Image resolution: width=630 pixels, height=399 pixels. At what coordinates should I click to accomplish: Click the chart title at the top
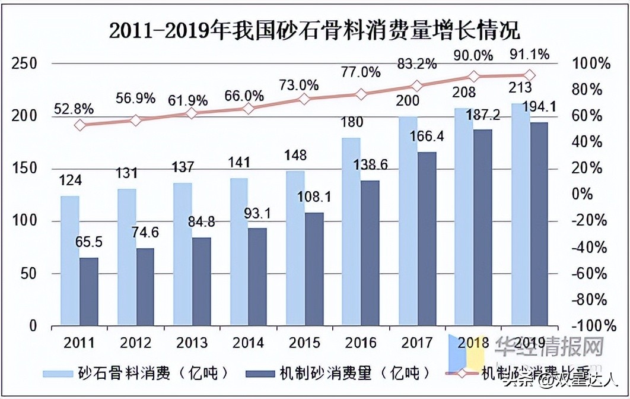(x=314, y=30)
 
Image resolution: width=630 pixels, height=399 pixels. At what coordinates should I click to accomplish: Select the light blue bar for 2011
(x=69, y=261)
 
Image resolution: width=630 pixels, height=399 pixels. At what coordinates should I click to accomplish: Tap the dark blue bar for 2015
(x=314, y=270)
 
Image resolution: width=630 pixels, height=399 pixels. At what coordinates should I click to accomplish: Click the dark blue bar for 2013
(x=202, y=282)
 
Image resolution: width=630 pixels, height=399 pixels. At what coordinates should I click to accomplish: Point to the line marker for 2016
(x=360, y=94)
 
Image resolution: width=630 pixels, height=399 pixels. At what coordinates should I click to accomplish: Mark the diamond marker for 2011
(x=80, y=125)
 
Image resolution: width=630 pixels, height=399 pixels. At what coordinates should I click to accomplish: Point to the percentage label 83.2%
(x=416, y=62)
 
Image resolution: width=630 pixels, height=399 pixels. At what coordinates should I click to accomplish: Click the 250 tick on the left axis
(x=25, y=64)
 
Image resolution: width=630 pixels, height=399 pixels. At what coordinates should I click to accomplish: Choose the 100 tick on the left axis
(x=25, y=221)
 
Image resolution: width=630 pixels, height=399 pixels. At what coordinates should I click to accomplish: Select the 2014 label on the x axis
(x=247, y=343)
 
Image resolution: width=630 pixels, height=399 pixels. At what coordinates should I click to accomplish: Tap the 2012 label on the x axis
(x=136, y=343)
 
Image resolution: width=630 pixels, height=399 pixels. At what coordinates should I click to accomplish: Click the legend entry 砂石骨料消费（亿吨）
(x=136, y=373)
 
